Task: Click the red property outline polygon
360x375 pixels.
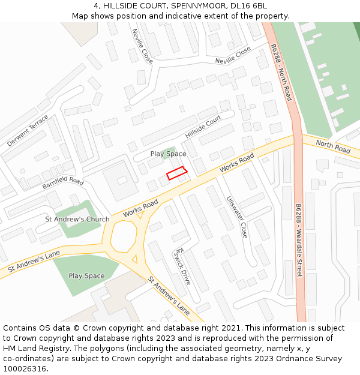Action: (x=176, y=173)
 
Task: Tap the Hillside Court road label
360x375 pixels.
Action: (x=203, y=127)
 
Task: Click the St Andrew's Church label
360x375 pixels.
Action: (x=77, y=219)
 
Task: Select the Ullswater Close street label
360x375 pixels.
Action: (x=236, y=217)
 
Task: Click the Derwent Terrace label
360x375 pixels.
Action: (x=28, y=131)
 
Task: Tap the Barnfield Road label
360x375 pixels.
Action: (x=62, y=182)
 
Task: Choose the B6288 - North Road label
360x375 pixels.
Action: (x=281, y=72)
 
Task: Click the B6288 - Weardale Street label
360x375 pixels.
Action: (x=299, y=240)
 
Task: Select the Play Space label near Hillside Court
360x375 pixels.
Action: (x=168, y=154)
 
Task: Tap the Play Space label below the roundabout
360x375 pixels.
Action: (x=86, y=276)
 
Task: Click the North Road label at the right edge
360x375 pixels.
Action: (x=333, y=148)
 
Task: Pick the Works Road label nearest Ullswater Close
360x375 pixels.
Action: (x=236, y=163)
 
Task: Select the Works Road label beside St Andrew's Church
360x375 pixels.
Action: (x=140, y=209)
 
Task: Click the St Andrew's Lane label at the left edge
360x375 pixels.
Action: (x=34, y=263)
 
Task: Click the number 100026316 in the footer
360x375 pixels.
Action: (x=25, y=368)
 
